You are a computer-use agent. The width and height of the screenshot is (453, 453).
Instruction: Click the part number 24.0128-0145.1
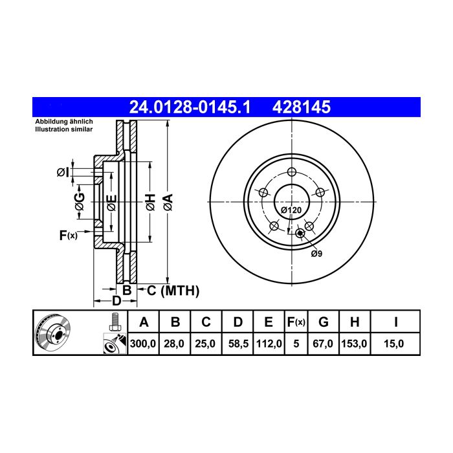coord(190,107)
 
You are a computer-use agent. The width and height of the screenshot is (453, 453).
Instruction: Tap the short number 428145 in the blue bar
coord(302,107)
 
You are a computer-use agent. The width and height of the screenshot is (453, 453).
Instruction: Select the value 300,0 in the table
coord(143,344)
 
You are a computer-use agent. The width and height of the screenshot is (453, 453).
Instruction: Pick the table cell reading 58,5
coord(238,344)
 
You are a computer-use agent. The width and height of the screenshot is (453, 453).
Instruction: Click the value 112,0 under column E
coord(269,344)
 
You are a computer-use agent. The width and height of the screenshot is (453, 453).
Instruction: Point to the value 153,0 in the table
coord(354,344)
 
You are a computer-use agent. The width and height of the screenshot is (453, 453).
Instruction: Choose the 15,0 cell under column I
coord(393,344)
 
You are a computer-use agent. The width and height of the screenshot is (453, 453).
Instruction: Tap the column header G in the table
coord(324,322)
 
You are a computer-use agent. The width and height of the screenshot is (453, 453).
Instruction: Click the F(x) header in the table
coord(296,322)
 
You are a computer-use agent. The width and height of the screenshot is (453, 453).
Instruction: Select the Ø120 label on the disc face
coord(291,210)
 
